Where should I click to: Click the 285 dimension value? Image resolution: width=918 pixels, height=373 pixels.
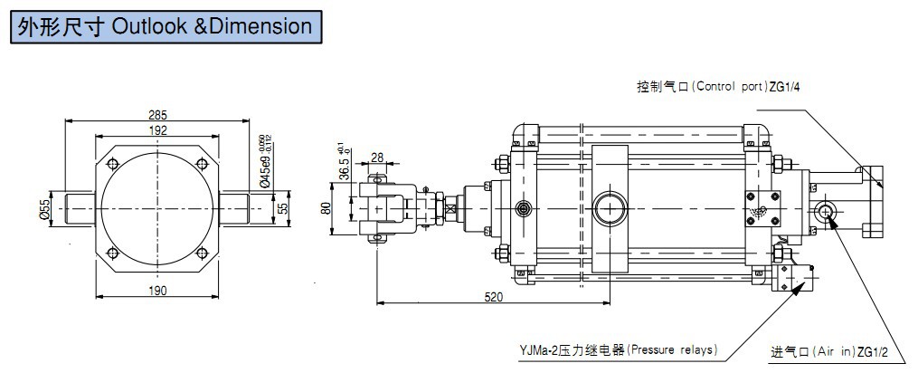tap(157, 116)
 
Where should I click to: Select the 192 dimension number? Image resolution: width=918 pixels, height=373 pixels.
tap(157, 130)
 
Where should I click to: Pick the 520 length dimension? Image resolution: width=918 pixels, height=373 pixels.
tap(494, 296)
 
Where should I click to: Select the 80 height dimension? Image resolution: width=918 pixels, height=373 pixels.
tap(327, 207)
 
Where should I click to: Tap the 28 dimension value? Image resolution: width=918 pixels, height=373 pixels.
tap(377, 158)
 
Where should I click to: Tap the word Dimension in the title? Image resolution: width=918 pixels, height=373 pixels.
tap(262, 25)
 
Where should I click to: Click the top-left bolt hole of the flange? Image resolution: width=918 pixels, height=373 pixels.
tap(112, 163)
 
